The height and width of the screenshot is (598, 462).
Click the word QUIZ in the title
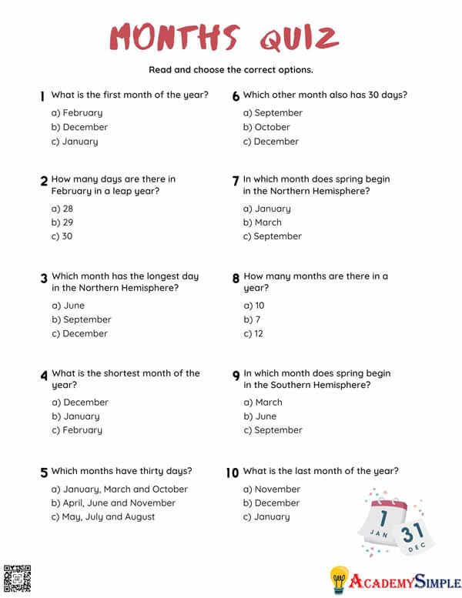(298, 37)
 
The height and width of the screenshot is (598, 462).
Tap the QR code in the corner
(17, 579)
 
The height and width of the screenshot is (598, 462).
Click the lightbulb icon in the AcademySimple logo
(340, 580)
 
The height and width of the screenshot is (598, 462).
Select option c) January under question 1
(75, 142)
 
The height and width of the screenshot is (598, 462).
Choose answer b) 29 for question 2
(62, 222)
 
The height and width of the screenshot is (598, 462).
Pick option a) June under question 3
(69, 306)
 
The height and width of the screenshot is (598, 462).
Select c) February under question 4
(77, 430)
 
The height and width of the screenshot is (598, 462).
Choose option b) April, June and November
(113, 503)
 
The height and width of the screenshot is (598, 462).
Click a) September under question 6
(273, 113)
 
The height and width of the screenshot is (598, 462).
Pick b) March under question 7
(263, 222)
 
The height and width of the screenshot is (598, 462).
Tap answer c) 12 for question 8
(254, 334)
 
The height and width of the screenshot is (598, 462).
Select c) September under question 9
(273, 430)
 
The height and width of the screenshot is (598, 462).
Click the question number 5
(44, 473)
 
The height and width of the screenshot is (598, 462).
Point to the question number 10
(233, 473)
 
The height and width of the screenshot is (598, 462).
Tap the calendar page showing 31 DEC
(413, 535)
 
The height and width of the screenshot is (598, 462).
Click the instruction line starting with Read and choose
(231, 70)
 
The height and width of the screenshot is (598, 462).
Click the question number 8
(236, 278)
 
